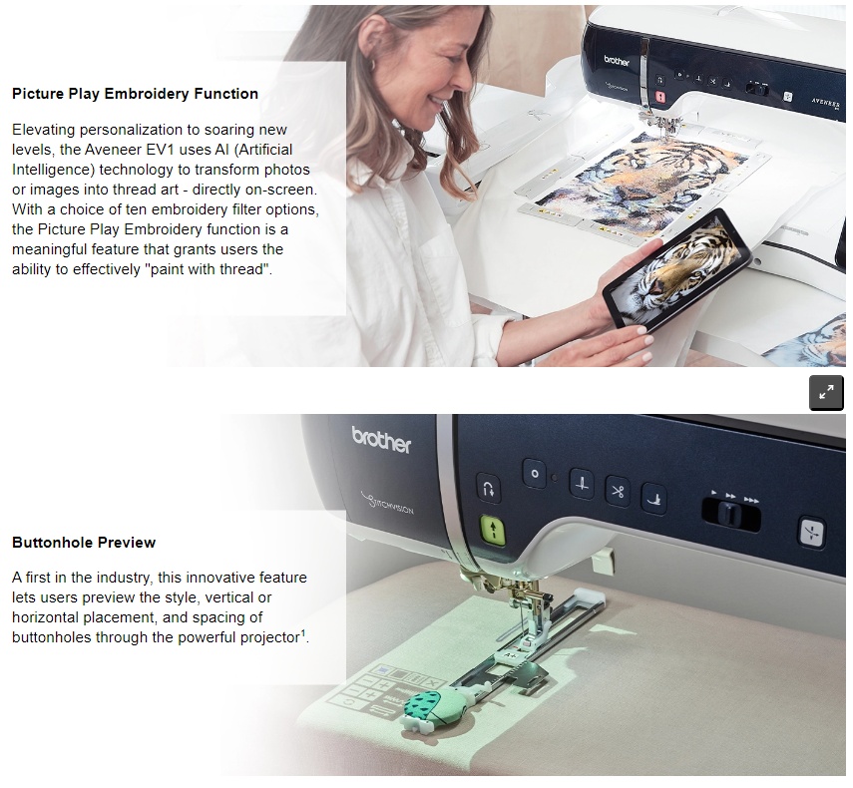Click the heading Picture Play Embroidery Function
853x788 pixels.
[135, 94]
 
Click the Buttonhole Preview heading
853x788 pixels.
[84, 543]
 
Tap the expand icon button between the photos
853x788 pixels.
[826, 392]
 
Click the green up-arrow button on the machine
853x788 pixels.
[493, 531]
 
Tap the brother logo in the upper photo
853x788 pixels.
[617, 61]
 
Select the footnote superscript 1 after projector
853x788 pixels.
[303, 633]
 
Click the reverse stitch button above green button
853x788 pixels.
[489, 487]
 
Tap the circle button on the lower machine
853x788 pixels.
[534, 474]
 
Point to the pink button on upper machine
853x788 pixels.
[659, 97]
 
